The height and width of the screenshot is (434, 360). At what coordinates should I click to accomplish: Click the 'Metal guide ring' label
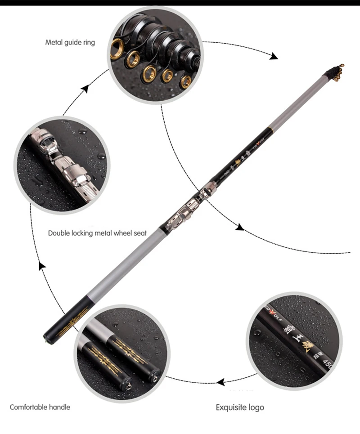(70, 43)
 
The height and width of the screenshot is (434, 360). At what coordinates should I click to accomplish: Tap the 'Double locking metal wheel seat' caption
(97, 233)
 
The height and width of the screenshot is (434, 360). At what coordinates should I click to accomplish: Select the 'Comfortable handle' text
(40, 407)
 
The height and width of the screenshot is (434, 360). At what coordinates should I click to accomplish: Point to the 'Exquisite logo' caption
(240, 407)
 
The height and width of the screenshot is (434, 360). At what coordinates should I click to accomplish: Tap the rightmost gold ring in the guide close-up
(185, 81)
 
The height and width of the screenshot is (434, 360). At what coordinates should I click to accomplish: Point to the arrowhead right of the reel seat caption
(240, 228)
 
